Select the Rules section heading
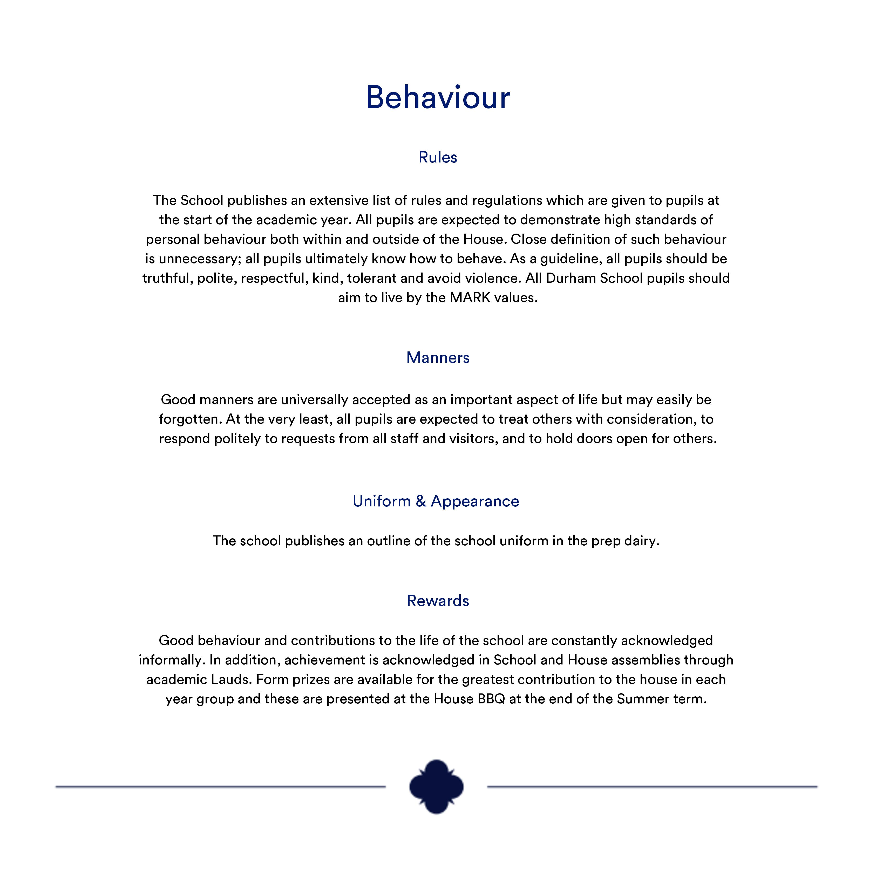(438, 157)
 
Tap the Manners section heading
(438, 358)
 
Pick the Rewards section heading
(438, 601)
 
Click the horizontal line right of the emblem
(652, 787)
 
